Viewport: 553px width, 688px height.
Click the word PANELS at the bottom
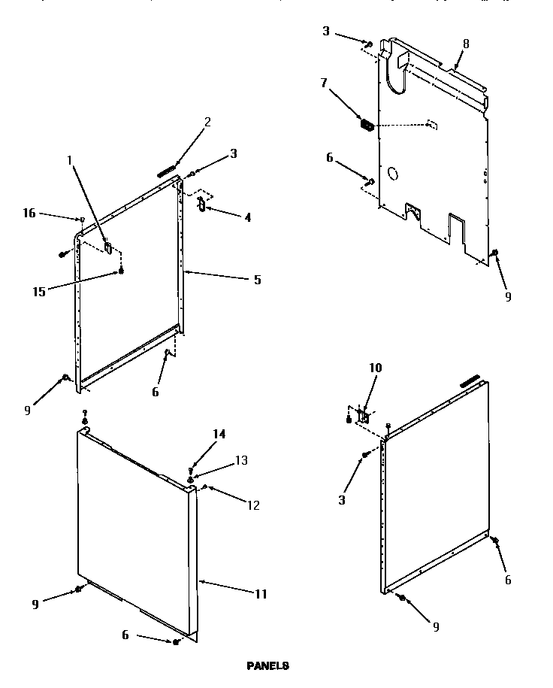click(267, 665)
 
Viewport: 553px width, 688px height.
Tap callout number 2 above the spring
click(207, 123)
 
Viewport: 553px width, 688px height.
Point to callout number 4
click(247, 217)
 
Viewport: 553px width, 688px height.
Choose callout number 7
click(324, 83)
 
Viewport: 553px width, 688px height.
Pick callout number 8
click(466, 44)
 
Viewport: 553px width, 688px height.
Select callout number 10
click(376, 368)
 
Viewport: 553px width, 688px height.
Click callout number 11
click(261, 594)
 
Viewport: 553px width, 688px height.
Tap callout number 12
click(253, 505)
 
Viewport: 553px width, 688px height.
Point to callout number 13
click(241, 459)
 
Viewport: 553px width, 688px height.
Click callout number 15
click(38, 292)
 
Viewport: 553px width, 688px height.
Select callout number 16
click(29, 214)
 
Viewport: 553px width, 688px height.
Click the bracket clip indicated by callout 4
click(201, 205)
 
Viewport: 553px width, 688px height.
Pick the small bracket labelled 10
click(360, 414)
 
